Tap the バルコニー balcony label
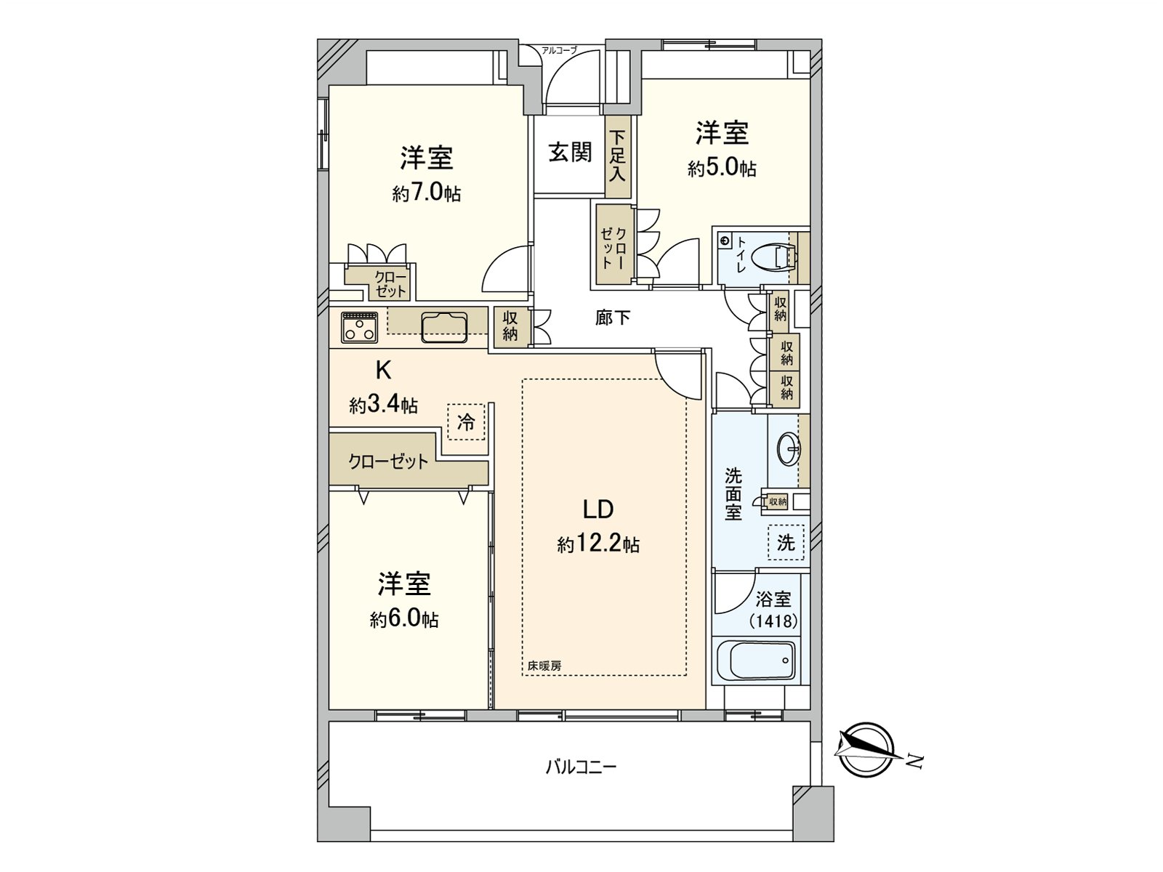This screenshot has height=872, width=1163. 581,767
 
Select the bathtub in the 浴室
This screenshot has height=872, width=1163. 756,660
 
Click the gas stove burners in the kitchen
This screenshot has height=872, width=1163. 360,328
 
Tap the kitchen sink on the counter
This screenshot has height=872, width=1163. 443,326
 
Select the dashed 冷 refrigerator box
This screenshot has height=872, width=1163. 466,421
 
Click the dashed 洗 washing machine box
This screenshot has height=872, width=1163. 786,542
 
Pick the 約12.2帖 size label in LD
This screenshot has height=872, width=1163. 598,544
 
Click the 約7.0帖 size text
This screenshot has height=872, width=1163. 426,193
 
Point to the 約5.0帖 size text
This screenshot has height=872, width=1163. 722,169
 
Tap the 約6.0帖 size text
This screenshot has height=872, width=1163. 403,619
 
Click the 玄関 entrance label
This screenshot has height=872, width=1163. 569,153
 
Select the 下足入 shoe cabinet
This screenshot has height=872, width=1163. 617,157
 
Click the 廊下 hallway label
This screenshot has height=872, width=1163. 612,318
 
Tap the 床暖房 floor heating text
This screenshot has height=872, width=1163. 544,666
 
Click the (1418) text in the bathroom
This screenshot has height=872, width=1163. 773,621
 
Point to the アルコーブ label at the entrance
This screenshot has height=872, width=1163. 559,50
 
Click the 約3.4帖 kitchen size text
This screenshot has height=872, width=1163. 383,405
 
